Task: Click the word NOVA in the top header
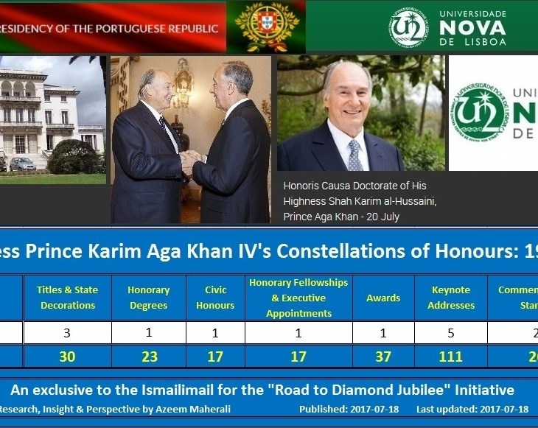point(472,27)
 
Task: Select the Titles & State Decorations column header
point(68,298)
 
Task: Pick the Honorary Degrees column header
point(148,298)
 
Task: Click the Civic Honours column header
point(215,298)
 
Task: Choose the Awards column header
point(383,298)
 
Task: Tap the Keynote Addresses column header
point(450,298)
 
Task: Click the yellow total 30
point(68,357)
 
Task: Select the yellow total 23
point(148,357)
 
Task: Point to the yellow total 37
point(383,357)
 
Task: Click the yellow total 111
point(450,357)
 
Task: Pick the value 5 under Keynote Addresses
point(450,332)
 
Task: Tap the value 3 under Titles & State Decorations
point(68,332)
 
